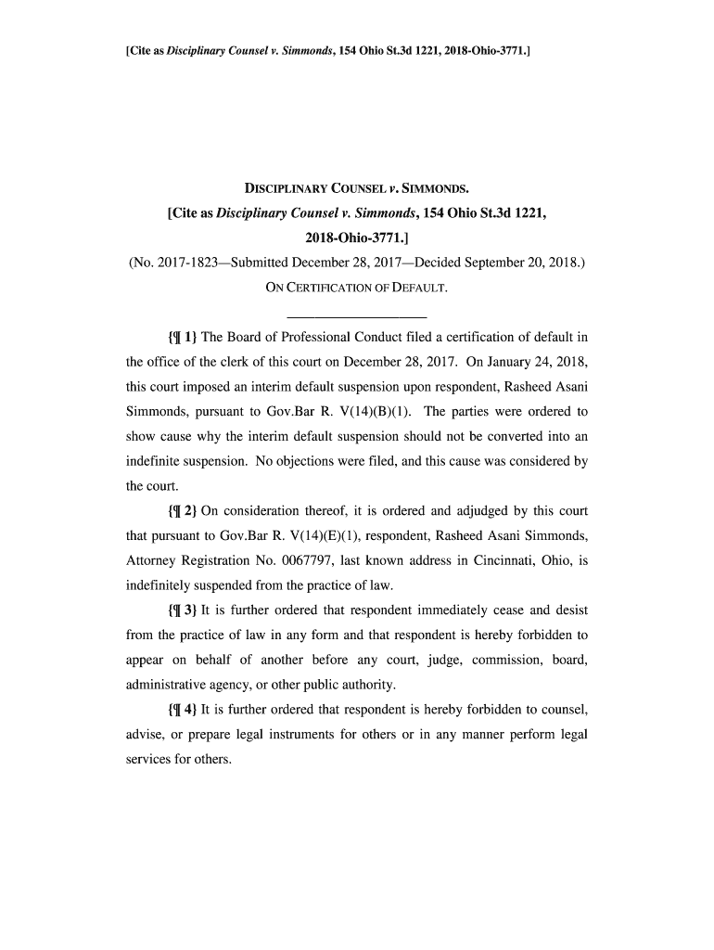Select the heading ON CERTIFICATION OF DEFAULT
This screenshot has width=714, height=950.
(356, 288)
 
